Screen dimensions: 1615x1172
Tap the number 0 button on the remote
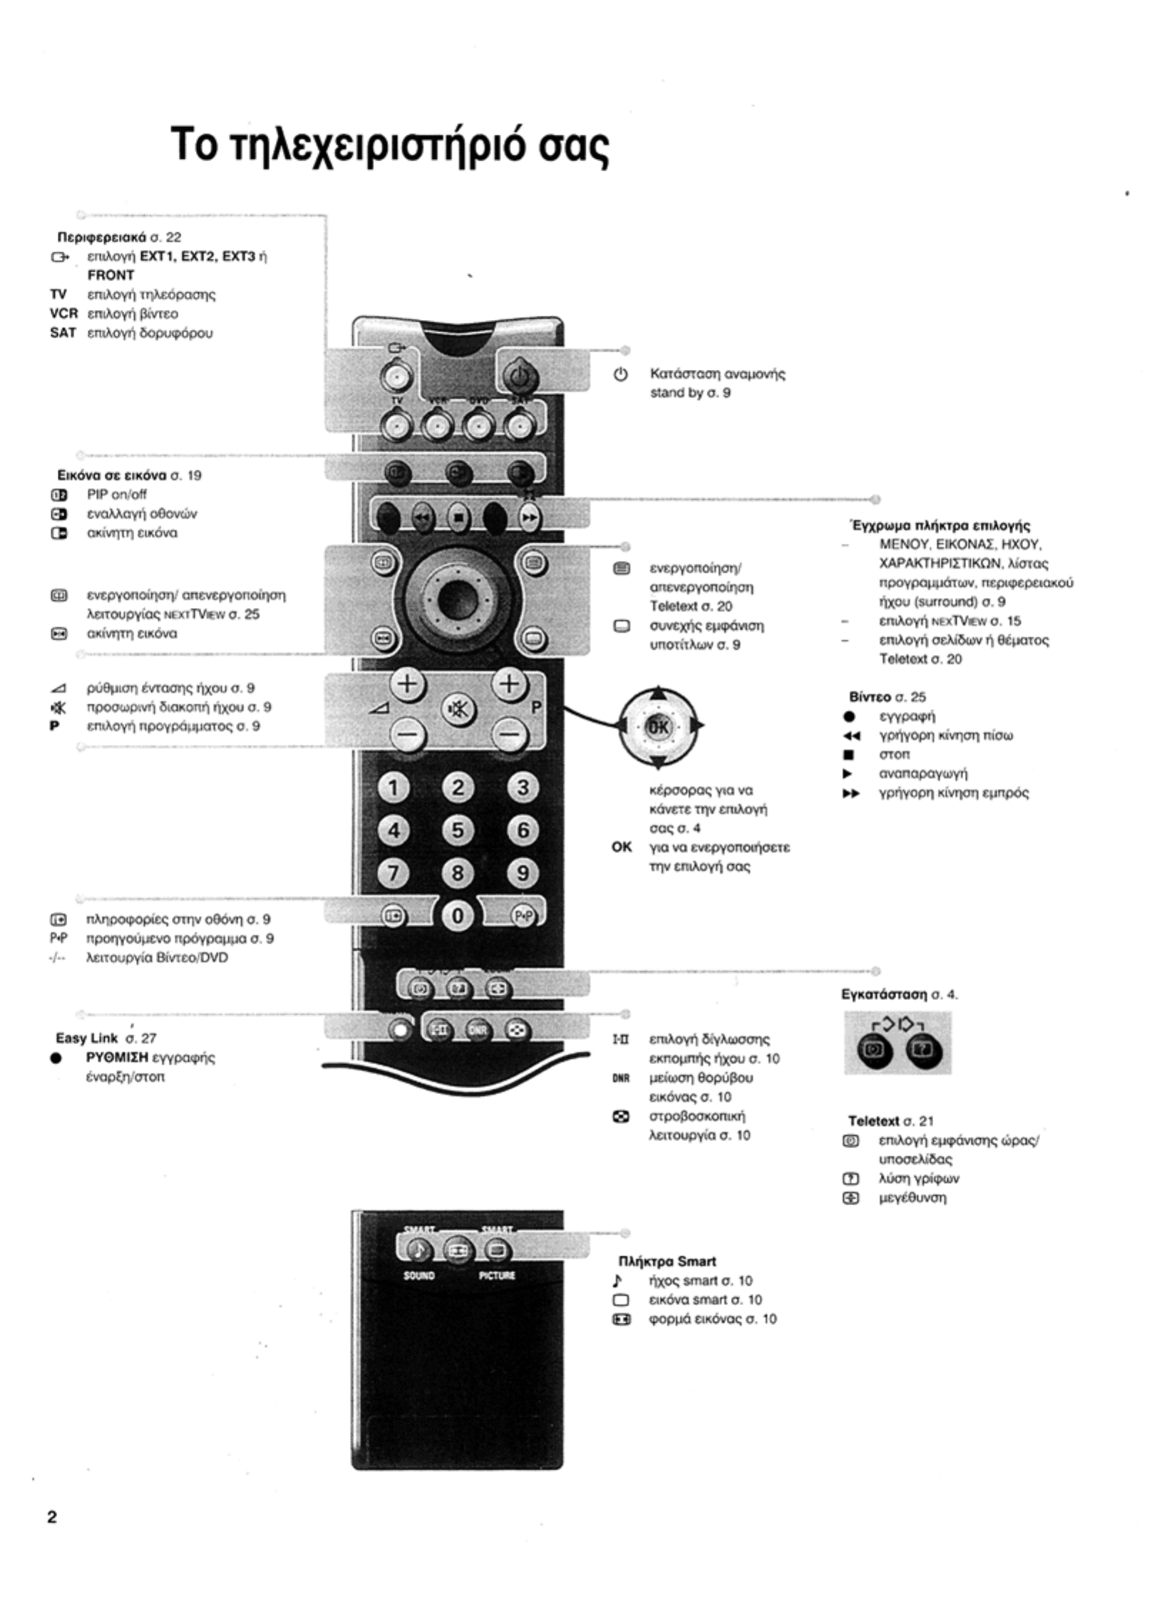[457, 916]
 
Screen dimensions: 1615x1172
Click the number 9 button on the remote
[523, 872]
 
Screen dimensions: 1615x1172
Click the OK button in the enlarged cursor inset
[658, 726]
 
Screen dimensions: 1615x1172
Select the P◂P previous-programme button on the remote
[523, 916]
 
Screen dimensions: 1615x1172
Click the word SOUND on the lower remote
[419, 1276]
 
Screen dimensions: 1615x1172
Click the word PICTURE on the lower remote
[497, 1276]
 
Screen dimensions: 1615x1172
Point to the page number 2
[52, 1517]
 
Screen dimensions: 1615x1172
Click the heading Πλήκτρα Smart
[667, 1261]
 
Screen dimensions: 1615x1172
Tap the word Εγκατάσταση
[884, 994]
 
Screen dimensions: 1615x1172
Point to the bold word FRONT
[110, 275]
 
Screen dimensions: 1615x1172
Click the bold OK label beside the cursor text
[622, 847]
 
